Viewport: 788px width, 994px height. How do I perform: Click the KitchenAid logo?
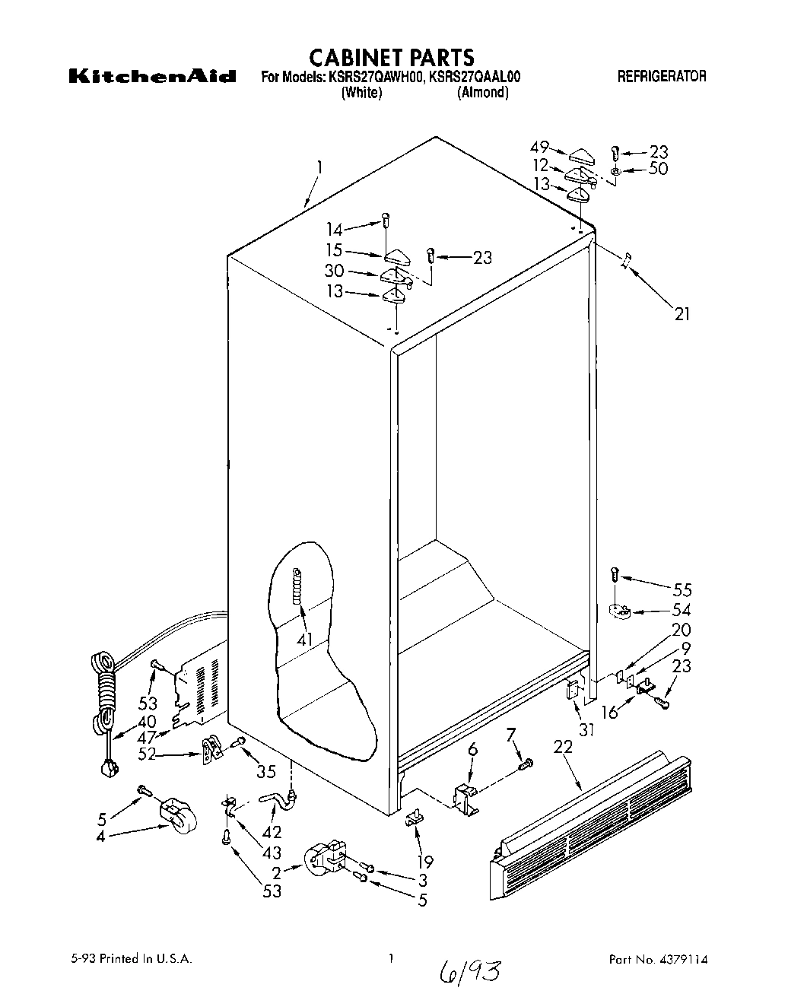point(152,77)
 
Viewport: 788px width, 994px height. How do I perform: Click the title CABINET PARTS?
point(392,57)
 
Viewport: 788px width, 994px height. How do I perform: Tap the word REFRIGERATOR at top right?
point(662,76)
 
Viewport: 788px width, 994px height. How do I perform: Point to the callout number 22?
point(562,768)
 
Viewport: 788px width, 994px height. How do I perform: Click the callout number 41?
point(305,640)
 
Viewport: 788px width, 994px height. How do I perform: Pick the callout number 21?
point(682,313)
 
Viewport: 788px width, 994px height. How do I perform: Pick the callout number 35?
point(265,773)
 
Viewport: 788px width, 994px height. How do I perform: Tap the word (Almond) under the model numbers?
point(482,93)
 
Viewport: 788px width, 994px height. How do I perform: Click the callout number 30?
point(335,271)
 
